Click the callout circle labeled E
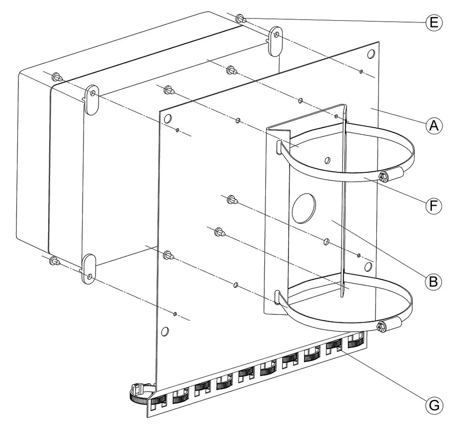(434, 22)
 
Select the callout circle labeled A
(434, 125)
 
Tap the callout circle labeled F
(434, 205)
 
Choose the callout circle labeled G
(434, 406)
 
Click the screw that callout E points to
(241, 19)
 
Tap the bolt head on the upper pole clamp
(383, 176)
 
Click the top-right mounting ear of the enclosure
(274, 41)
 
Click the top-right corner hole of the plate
(370, 54)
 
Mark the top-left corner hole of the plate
(168, 119)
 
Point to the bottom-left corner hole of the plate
(165, 332)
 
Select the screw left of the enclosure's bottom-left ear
(55, 260)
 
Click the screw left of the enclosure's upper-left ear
(57, 77)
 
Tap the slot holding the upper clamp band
(279, 147)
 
